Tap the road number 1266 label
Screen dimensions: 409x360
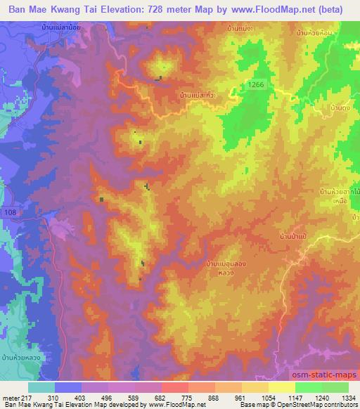pos(256,84)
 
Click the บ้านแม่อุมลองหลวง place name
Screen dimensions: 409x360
pos(226,267)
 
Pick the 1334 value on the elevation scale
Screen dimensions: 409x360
pos(345,398)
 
